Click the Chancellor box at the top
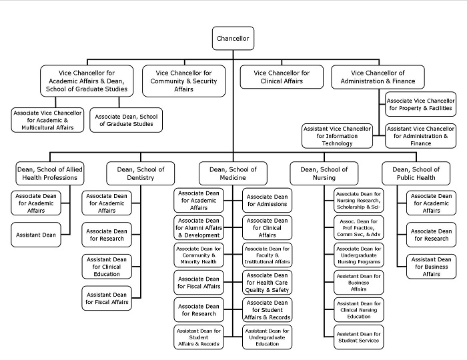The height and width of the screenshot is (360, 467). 233,39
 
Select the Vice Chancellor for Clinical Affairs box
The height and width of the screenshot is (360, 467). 282,77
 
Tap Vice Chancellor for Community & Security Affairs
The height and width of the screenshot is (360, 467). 183,81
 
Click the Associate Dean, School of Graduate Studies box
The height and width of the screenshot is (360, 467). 126,120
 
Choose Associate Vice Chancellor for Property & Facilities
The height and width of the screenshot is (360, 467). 420,105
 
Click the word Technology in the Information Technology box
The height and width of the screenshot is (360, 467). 337,143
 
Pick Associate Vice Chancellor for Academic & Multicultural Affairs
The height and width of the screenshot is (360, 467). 47,120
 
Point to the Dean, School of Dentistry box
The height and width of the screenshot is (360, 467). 141,173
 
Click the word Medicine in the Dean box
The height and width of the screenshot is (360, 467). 233,177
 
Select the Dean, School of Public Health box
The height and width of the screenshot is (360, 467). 416,173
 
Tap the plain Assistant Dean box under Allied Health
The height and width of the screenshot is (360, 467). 36,235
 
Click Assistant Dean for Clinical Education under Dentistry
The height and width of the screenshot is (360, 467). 107,267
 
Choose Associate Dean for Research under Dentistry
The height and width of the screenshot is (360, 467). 107,235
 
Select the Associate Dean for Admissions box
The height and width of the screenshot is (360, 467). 267,200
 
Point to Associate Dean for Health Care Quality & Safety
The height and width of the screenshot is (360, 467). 267,283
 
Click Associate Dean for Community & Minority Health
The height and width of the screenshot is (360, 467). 199,255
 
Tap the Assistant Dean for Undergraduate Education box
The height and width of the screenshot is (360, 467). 267,337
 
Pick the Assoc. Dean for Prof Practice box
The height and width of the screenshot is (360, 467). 359,227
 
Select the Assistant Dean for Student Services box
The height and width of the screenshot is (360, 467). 359,337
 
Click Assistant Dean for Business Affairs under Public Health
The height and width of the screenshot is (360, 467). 431,267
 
